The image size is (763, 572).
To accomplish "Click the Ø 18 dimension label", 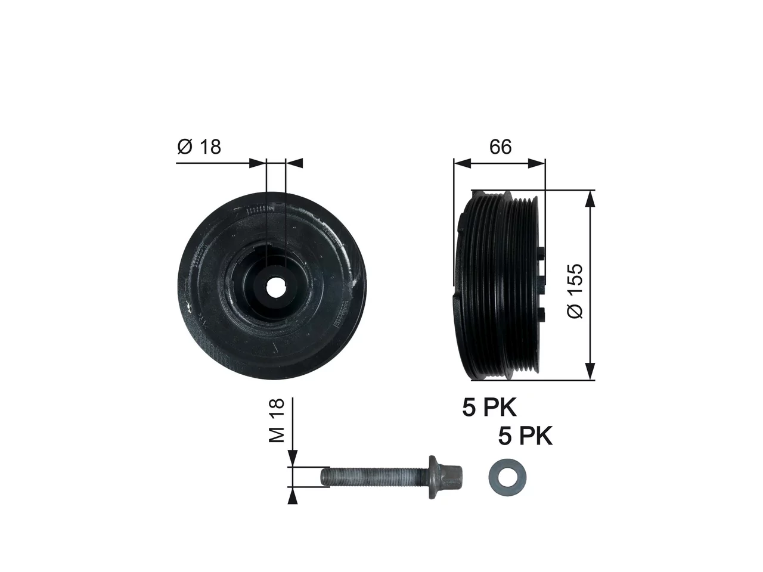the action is [199, 147].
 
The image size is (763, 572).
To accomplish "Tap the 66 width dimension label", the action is [500, 147].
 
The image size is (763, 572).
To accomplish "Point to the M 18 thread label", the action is [277, 420].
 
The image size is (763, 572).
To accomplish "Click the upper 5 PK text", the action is [489, 408].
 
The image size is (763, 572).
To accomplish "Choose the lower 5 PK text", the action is [525, 436].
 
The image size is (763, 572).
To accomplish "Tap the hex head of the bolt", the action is [450, 477].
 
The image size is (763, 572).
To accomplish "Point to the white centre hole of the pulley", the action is [275, 287].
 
